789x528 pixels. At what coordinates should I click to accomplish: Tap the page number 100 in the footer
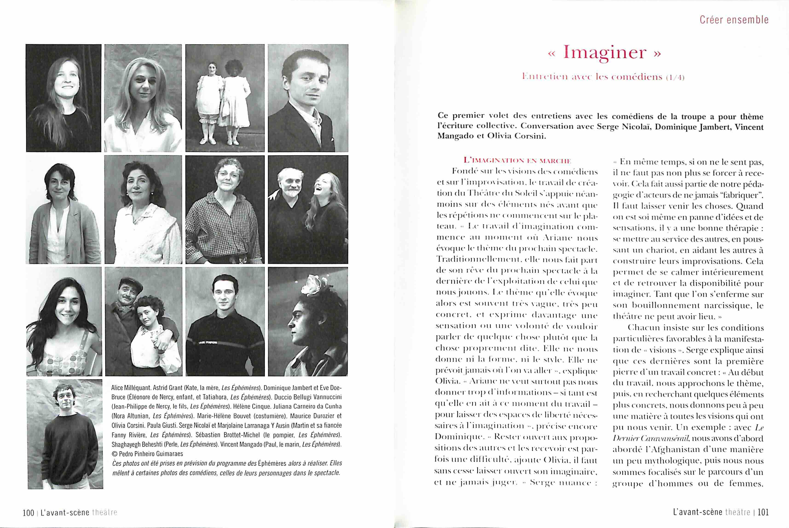[x=28, y=513]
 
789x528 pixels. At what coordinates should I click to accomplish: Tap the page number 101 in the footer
[x=763, y=512]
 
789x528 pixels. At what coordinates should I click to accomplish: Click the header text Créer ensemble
[x=734, y=20]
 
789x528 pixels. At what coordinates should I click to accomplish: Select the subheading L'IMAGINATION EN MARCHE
[x=517, y=161]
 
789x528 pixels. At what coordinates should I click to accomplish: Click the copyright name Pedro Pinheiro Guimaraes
[x=150, y=454]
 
